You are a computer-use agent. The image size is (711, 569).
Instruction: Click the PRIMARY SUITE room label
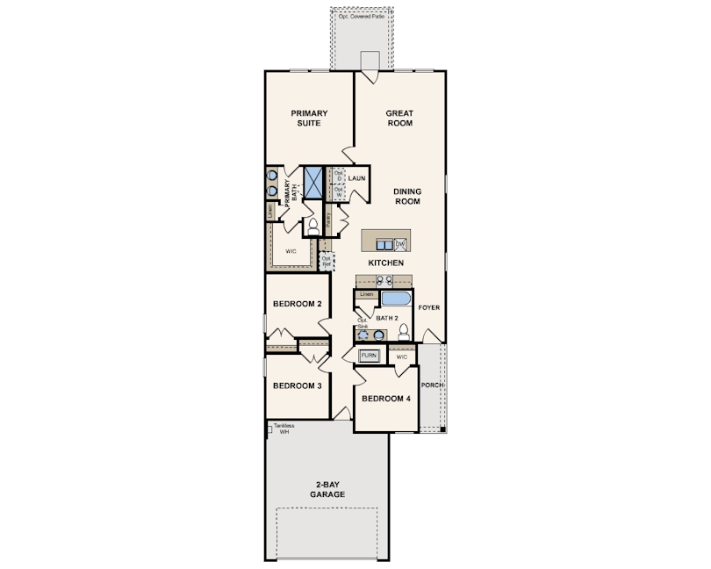[x=309, y=118]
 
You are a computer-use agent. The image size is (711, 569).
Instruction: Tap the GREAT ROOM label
[x=399, y=118]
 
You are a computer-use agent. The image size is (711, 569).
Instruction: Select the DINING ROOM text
[x=406, y=196]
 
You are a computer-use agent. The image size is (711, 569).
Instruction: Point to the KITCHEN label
[x=385, y=263]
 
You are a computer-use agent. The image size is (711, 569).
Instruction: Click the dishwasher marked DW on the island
[x=400, y=244]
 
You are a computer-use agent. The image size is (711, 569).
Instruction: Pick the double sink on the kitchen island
[x=384, y=244]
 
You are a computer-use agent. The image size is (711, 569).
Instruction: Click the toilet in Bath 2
[x=403, y=332]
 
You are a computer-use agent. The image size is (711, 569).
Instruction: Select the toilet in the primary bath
[x=313, y=226]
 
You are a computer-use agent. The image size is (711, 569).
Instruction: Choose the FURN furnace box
[x=369, y=357]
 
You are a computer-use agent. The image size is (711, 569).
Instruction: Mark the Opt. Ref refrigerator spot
[x=327, y=261]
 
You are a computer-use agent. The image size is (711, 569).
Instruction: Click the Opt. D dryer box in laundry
[x=338, y=176]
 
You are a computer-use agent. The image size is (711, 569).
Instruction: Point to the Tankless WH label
[x=283, y=429]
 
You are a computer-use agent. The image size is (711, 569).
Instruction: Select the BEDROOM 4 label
[x=386, y=399]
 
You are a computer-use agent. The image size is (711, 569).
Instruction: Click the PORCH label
[x=431, y=385]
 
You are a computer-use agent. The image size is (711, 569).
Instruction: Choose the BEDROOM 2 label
[x=297, y=304]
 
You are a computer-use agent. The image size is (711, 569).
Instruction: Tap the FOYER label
[x=428, y=308]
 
